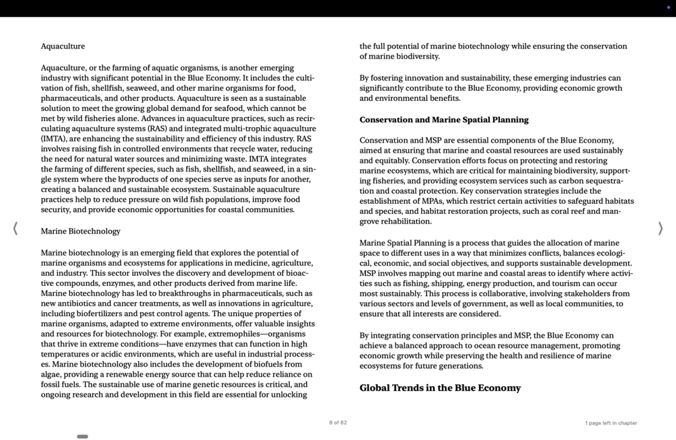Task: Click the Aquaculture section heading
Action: point(63,46)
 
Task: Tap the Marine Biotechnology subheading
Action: point(80,231)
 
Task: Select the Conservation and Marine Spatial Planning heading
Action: point(443,120)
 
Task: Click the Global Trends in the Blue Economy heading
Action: point(440,388)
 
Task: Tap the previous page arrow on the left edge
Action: point(15,229)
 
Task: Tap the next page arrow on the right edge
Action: point(661,229)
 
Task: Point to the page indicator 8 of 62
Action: point(338,423)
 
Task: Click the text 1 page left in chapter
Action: point(610,423)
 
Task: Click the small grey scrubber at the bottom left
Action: point(82,437)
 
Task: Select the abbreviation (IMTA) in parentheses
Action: point(54,139)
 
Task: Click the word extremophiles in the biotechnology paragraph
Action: point(237,334)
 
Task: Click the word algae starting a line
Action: point(52,375)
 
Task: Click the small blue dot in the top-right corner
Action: point(668,7)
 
